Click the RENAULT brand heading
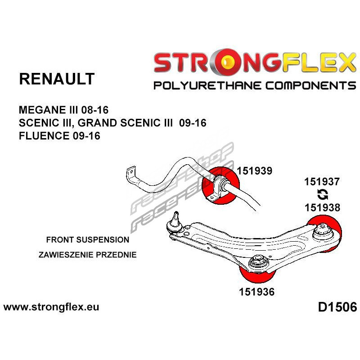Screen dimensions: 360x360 click(57, 79)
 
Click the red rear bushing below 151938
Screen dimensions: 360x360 click(325, 231)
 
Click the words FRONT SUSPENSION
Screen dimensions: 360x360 click(87, 240)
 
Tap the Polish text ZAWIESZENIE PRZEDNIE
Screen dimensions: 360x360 click(87, 255)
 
